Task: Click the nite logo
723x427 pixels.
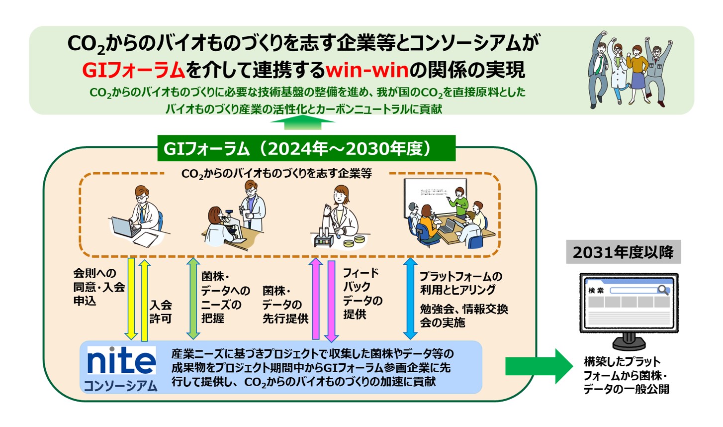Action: pyautogui.click(x=121, y=360)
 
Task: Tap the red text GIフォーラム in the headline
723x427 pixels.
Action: pyautogui.click(x=133, y=70)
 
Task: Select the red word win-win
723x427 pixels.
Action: pyautogui.click(x=367, y=70)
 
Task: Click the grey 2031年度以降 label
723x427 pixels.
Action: pyautogui.click(x=624, y=252)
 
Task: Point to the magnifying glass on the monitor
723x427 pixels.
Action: pyautogui.click(x=663, y=290)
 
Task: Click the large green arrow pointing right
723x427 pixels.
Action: pyautogui.click(x=539, y=366)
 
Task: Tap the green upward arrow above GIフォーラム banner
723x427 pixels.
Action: pyautogui.click(x=302, y=122)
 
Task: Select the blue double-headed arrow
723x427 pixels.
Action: pyautogui.click(x=411, y=299)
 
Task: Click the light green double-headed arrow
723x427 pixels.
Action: pyautogui.click(x=193, y=299)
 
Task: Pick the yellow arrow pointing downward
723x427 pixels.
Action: pyautogui.click(x=131, y=299)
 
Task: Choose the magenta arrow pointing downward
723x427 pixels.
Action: pyautogui.click(x=331, y=301)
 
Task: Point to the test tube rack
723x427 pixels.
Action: pyautogui.click(x=324, y=238)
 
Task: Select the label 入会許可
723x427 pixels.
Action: pyautogui.click(x=161, y=312)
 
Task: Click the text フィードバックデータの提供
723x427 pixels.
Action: pyautogui.click(x=362, y=294)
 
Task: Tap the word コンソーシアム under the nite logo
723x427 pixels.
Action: pyautogui.click(x=121, y=386)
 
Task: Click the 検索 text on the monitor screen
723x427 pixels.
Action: pyautogui.click(x=596, y=290)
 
